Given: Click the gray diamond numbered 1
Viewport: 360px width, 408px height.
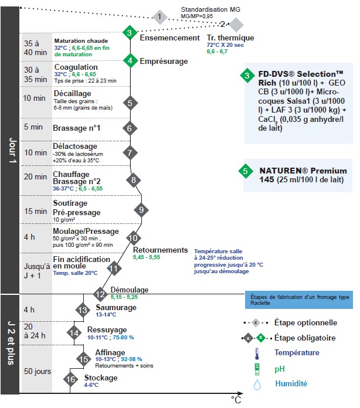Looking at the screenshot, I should pyautogui.click(x=159, y=16).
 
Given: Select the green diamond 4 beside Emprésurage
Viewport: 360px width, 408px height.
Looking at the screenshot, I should pyautogui.click(x=131, y=60).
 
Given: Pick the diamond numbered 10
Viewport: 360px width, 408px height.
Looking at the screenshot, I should pyautogui.click(x=134, y=238).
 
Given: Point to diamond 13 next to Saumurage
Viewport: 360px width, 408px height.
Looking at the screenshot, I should pyautogui.click(x=83, y=310).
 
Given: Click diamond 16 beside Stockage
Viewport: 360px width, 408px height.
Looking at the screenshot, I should pyautogui.click(x=70, y=380).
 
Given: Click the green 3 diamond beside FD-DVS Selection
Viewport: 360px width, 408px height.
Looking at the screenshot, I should pyautogui.click(x=247, y=75).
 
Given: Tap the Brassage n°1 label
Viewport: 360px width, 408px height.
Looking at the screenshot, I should pyautogui.click(x=77, y=128).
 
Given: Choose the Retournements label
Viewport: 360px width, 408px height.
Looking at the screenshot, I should pyautogui.click(x=160, y=250).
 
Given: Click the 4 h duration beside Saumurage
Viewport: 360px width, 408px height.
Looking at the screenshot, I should pyautogui.click(x=29, y=310).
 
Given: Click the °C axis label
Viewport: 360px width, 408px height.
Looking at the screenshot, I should pyautogui.click(x=235, y=400).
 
